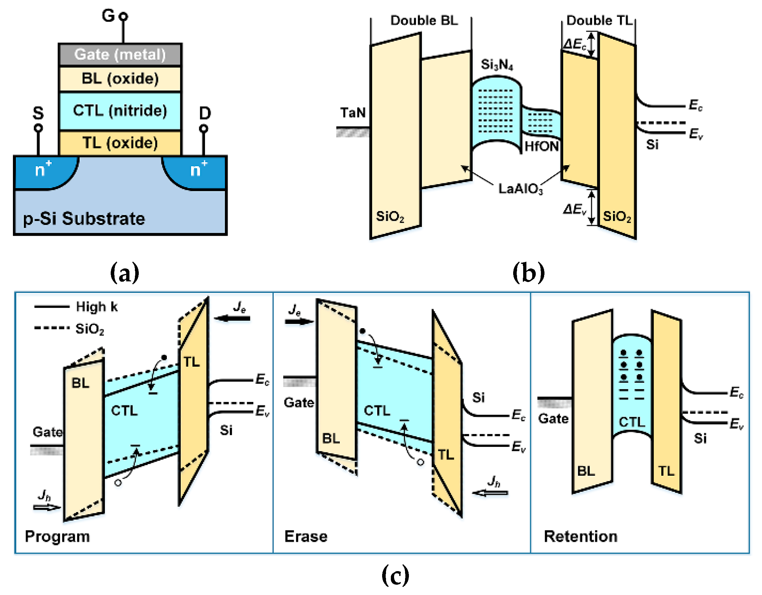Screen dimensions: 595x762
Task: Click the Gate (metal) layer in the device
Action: tap(120, 55)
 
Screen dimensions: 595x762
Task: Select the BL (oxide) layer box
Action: tap(120, 79)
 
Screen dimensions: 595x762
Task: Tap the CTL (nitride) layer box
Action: tap(120, 111)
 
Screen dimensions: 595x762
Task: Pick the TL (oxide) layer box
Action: tap(120, 143)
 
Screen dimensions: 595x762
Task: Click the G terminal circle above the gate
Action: tap(123, 16)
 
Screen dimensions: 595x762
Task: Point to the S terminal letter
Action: tap(38, 113)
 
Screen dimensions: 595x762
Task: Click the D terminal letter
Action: tap(205, 113)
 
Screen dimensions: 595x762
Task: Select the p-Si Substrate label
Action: tap(84, 219)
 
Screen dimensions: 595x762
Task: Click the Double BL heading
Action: tap(423, 20)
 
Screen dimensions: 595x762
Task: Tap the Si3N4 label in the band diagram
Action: tap(497, 65)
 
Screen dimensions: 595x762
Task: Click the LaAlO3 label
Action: tap(520, 189)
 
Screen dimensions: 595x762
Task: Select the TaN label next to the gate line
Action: tap(353, 113)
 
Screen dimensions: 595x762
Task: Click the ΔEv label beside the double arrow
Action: tap(574, 209)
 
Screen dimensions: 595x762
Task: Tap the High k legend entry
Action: tap(97, 307)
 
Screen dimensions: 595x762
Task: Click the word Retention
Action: tap(580, 536)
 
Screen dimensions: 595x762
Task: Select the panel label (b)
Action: tap(528, 273)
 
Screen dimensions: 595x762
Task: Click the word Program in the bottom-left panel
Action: tap(57, 536)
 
